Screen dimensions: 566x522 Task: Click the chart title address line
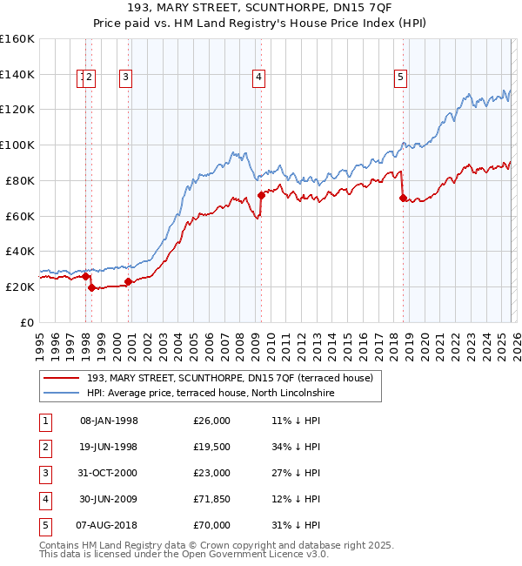coord(260,9)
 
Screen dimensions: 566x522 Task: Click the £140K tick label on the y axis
coord(17,74)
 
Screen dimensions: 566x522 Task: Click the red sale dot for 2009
coord(261,195)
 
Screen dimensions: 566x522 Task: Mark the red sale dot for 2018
coord(403,198)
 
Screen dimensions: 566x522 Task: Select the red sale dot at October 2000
coord(128,281)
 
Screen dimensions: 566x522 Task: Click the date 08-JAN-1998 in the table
coord(109,421)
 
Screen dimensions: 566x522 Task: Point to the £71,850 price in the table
coord(212,499)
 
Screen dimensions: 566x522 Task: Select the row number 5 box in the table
coord(45,525)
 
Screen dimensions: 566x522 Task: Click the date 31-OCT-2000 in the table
coord(109,473)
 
